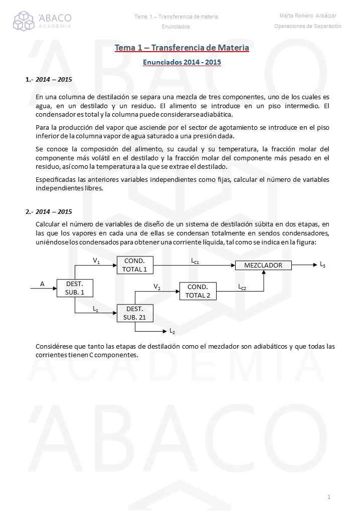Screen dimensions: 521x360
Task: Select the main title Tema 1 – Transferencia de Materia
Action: (182, 48)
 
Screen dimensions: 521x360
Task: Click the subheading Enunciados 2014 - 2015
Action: (182, 63)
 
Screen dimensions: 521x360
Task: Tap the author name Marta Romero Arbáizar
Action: (308, 16)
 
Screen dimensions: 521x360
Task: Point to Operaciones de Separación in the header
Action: (308, 26)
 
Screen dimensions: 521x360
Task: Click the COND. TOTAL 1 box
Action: (135, 265)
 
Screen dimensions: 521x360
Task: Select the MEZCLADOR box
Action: (263, 265)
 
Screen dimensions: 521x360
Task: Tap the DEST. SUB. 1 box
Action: (75, 288)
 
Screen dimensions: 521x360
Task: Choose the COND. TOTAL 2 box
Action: (198, 291)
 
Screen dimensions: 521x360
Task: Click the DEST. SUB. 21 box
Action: (135, 313)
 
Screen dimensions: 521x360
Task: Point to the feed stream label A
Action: (42, 284)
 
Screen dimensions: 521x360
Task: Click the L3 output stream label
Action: (322, 265)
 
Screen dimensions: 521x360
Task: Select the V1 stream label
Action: (96, 261)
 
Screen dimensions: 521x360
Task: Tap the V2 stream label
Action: (157, 287)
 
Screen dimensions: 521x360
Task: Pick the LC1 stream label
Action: (196, 261)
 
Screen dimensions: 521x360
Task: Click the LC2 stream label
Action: (242, 287)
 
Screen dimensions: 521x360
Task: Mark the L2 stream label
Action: (172, 331)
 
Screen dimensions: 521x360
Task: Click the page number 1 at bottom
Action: (328, 497)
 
